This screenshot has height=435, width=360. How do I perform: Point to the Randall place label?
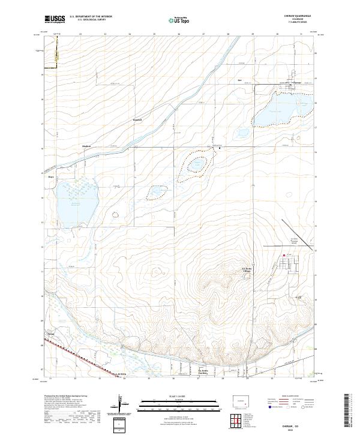[137, 120]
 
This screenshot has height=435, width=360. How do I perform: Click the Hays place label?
[51, 177]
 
